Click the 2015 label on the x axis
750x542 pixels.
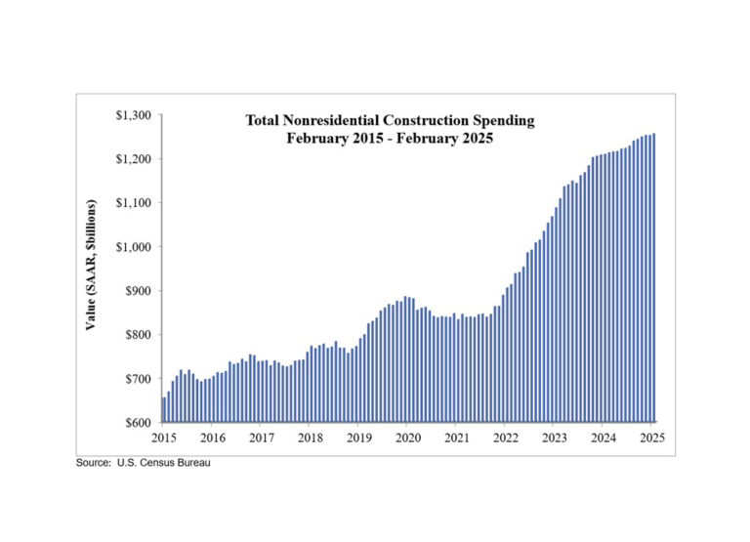click(163, 438)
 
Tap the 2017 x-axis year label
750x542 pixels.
click(261, 438)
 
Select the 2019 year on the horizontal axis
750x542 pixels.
click(359, 438)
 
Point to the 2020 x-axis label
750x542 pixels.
click(408, 438)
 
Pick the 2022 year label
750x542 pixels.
click(506, 438)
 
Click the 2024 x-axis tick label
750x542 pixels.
click(604, 438)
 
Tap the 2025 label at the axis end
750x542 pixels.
click(652, 438)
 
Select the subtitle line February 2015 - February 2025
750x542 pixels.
click(390, 139)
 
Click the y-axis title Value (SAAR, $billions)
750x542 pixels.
click(91, 266)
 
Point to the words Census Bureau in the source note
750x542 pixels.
click(183, 462)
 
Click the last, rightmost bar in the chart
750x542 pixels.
click(653, 278)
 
